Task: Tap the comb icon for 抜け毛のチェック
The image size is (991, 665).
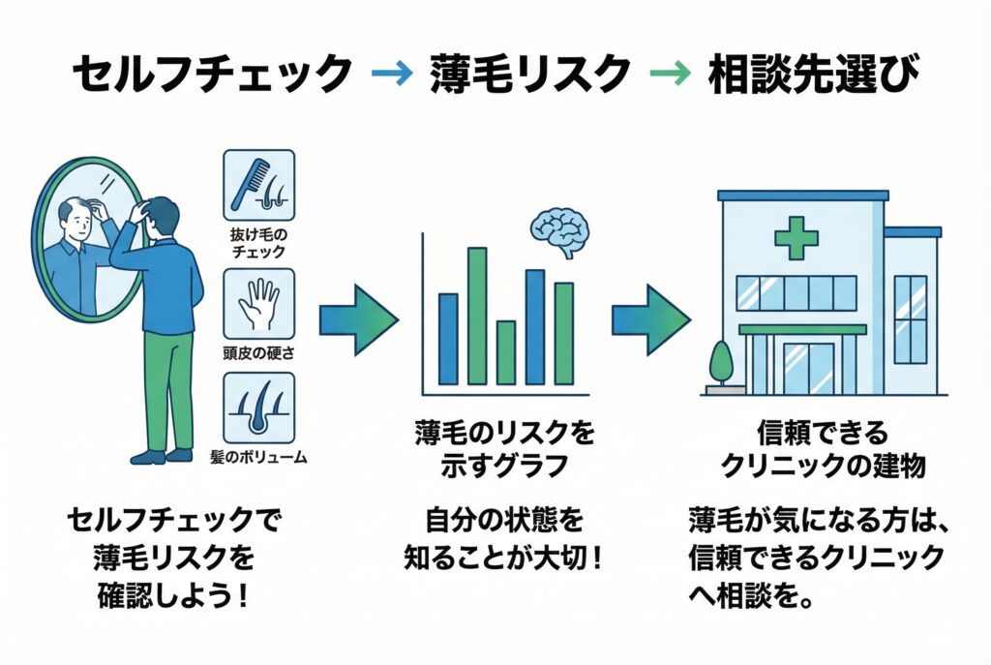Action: [x=258, y=181]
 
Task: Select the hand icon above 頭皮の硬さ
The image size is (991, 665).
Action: [x=258, y=303]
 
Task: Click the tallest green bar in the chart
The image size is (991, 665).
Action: [x=477, y=316]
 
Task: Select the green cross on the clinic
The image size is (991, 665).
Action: [x=796, y=238]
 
